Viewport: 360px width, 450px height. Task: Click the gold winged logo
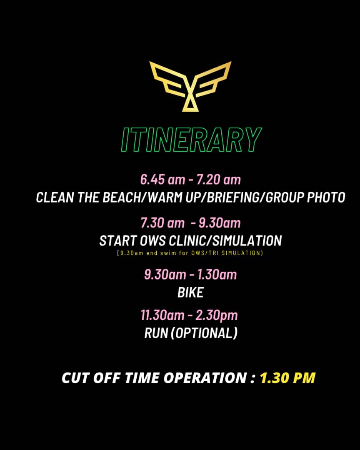point(190,86)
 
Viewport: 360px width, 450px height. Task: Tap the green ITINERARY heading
point(191,140)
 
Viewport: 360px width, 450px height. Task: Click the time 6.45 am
point(162,180)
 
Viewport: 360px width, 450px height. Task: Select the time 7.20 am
point(218,180)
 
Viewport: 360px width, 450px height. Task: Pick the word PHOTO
point(326,197)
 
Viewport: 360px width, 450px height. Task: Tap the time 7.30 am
point(162,223)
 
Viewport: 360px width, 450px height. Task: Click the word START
point(117,241)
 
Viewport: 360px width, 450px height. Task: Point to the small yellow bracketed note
point(190,253)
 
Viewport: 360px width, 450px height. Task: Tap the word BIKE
point(190,293)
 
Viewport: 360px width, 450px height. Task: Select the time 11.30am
point(162,315)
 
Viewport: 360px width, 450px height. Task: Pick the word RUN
point(156,333)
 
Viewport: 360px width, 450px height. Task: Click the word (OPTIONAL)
point(204,333)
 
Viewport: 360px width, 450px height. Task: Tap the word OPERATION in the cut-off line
point(205,377)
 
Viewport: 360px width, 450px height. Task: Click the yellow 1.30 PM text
point(287,377)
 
